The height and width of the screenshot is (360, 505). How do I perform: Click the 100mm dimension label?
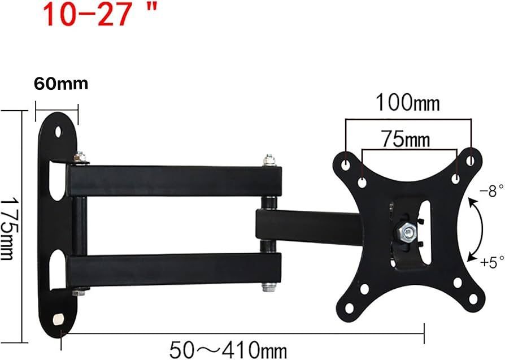click(x=408, y=103)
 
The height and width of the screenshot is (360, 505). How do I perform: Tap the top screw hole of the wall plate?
click(x=59, y=131)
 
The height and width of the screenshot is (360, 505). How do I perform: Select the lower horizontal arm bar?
click(x=175, y=270)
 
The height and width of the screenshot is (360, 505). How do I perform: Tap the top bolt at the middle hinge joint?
click(x=269, y=161)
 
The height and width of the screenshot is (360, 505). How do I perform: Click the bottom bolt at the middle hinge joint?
click(x=269, y=288)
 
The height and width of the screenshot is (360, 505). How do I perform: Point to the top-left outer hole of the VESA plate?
click(x=346, y=162)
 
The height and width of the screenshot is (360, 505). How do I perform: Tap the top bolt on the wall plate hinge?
click(x=80, y=158)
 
